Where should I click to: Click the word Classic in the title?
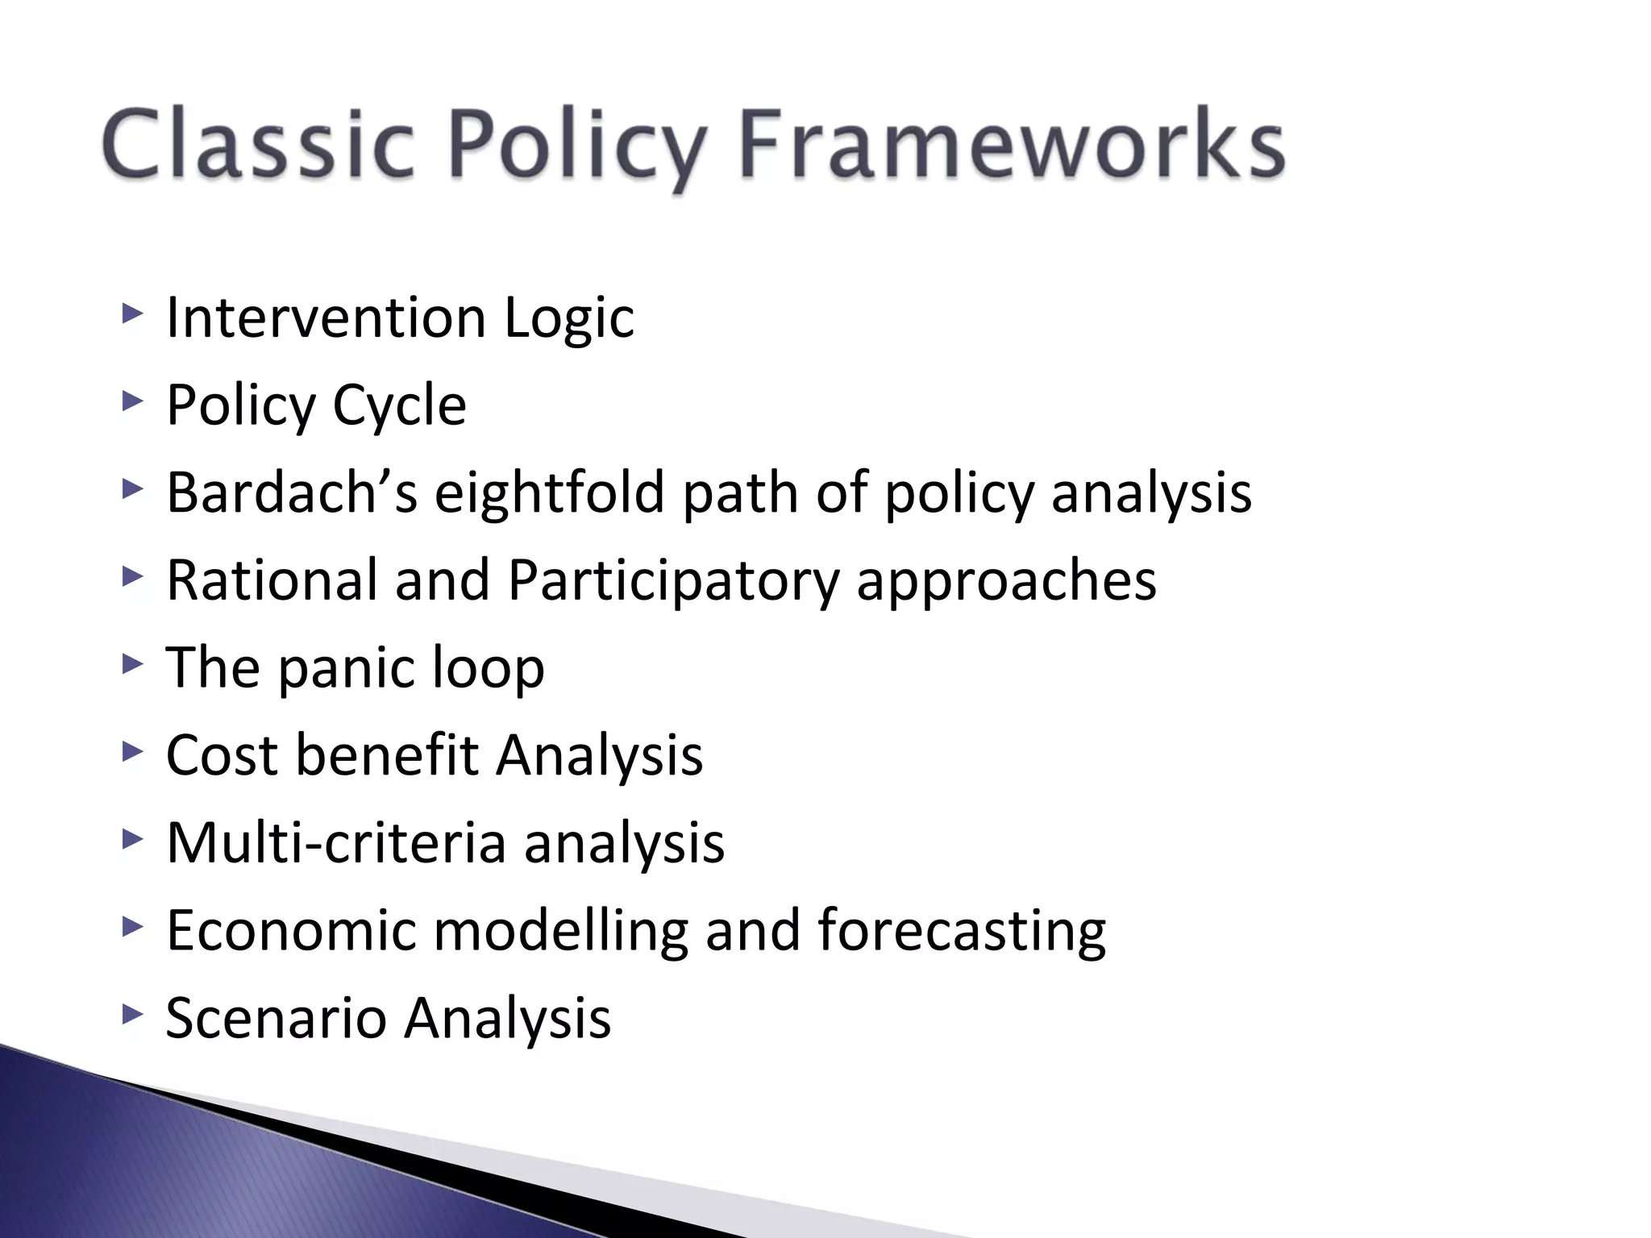pyautogui.click(x=257, y=146)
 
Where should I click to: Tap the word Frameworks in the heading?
pyautogui.click(x=1012, y=146)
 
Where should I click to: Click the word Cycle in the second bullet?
pyautogui.click(x=399, y=406)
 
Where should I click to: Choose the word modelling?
pyautogui.click(x=561, y=931)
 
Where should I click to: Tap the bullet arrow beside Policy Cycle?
pyautogui.click(x=132, y=401)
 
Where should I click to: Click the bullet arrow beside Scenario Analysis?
pyautogui.click(x=132, y=1015)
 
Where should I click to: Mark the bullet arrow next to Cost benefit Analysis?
pyautogui.click(x=132, y=752)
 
